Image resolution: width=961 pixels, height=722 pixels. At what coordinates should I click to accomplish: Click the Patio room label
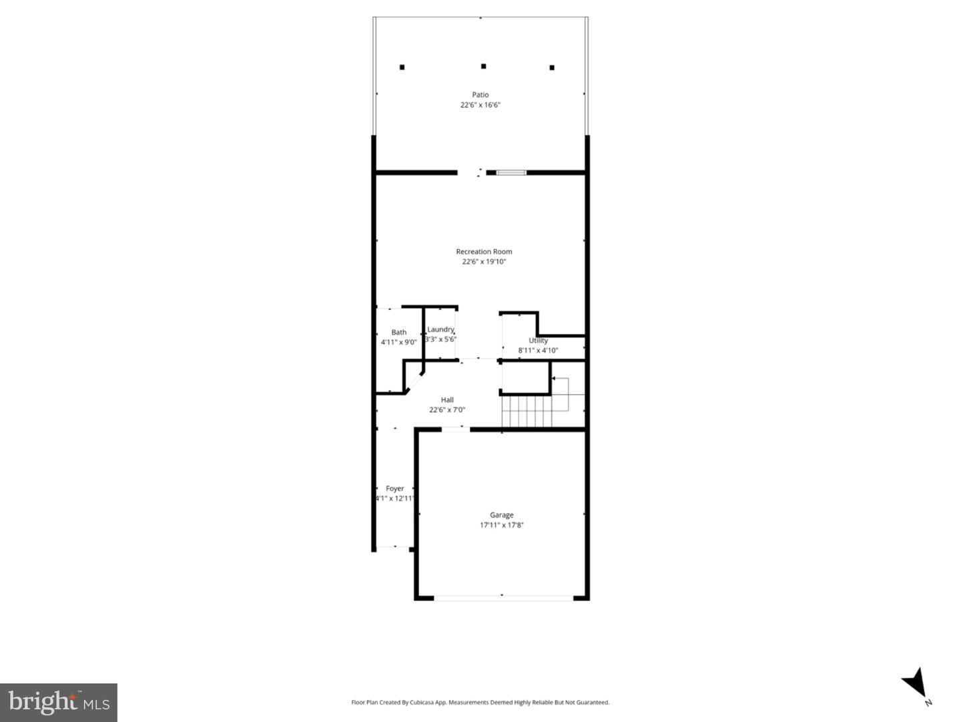pyautogui.click(x=480, y=95)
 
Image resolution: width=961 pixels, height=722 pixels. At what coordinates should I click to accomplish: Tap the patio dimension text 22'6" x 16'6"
pyautogui.click(x=480, y=105)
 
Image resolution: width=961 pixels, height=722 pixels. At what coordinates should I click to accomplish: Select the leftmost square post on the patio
pyautogui.click(x=402, y=67)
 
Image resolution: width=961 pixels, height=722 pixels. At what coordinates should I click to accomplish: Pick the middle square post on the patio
pyautogui.click(x=483, y=66)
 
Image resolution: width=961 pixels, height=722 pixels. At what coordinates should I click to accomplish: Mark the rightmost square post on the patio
pyautogui.click(x=552, y=67)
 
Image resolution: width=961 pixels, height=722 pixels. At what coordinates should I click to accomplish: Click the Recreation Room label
pyautogui.click(x=484, y=252)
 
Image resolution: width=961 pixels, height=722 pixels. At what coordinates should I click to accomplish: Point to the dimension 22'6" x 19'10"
pyautogui.click(x=484, y=262)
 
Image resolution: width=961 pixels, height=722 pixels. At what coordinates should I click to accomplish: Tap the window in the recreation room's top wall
pyautogui.click(x=511, y=173)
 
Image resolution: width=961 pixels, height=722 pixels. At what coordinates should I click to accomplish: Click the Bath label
pyautogui.click(x=399, y=332)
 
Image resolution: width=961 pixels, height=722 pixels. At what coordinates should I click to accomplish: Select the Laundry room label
pyautogui.click(x=440, y=329)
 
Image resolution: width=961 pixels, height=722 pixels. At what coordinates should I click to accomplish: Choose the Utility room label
pyautogui.click(x=538, y=341)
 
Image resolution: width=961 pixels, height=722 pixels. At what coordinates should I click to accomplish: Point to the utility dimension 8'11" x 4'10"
pyautogui.click(x=538, y=351)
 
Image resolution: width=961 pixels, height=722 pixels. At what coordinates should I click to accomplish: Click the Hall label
pyautogui.click(x=447, y=400)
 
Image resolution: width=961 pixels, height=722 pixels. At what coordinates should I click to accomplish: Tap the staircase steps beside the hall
pyautogui.click(x=527, y=411)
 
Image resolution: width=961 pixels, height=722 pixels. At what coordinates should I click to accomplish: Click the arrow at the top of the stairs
pyautogui.click(x=555, y=379)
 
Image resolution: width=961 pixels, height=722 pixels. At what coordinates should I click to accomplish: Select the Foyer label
pyautogui.click(x=395, y=489)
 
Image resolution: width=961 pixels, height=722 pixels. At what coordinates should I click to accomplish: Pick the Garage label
pyautogui.click(x=502, y=515)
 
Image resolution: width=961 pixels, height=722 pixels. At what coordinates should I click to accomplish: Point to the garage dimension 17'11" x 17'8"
pyautogui.click(x=502, y=525)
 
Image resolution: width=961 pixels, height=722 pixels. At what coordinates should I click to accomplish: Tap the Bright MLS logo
pyautogui.click(x=59, y=702)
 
